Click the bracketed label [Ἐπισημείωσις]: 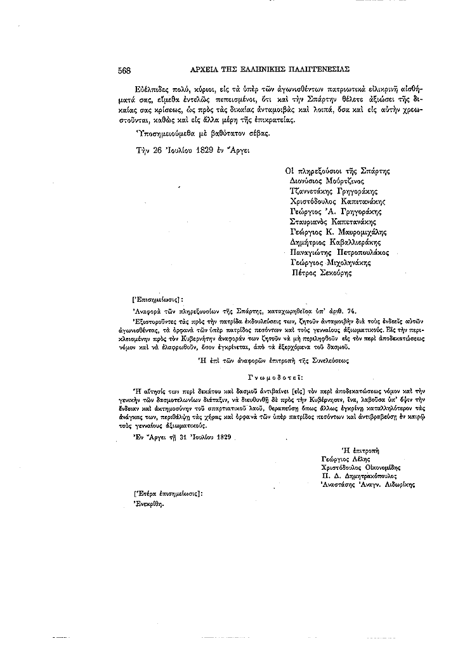click(156, 297)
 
